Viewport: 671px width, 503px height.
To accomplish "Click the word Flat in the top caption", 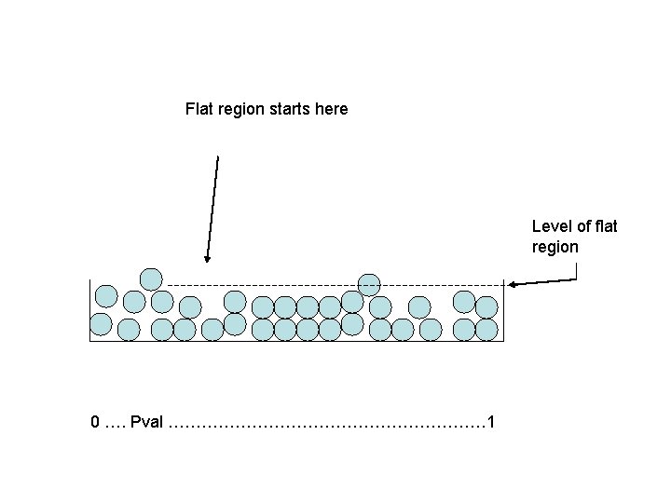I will click(199, 109).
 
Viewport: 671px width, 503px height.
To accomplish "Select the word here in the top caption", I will click(332, 109).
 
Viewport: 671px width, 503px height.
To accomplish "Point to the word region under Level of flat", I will click(555, 247).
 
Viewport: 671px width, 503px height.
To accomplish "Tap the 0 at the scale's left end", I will click(95, 423).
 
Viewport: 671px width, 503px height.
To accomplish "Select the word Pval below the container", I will click(147, 423).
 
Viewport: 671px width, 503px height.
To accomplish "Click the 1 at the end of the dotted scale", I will click(491, 423).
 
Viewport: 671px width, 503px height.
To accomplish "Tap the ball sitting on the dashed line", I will click(369, 284).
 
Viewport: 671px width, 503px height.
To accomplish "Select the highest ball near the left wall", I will click(151, 278).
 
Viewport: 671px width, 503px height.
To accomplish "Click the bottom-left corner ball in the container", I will click(101, 325).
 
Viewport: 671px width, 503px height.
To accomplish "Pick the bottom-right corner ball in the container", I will click(486, 328).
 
